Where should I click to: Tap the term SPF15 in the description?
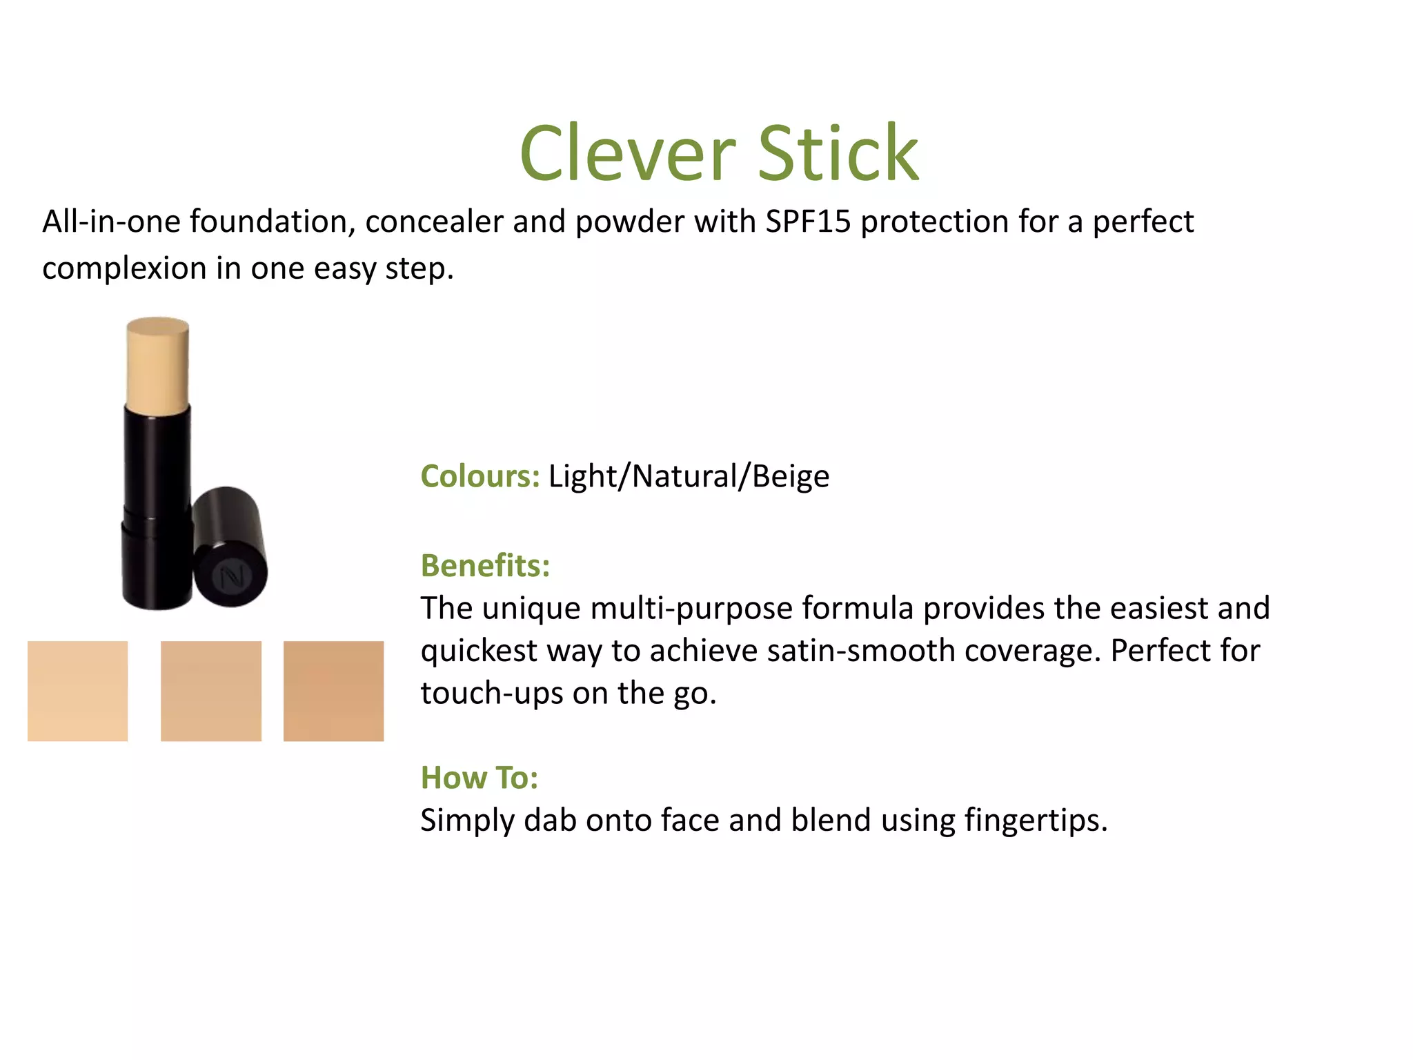click(808, 222)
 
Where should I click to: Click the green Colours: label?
click(480, 476)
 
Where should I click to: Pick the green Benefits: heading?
click(485, 565)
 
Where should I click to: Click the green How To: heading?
click(480, 778)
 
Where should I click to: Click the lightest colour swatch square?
click(77, 691)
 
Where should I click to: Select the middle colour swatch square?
click(211, 691)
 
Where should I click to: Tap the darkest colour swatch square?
click(333, 691)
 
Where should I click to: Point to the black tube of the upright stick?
click(157, 504)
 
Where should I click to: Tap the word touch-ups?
click(491, 693)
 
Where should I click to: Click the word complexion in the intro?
click(124, 268)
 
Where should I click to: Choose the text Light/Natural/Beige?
click(689, 476)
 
